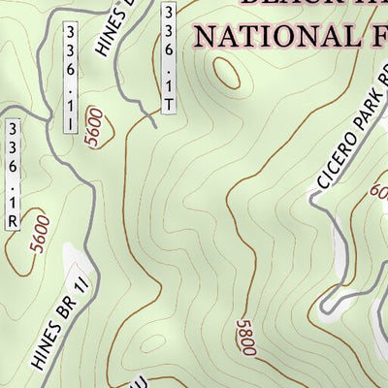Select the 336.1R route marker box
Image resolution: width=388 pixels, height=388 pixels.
(14, 175)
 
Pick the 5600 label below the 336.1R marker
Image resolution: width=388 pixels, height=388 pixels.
(39, 233)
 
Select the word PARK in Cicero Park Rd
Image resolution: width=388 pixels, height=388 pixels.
(364, 114)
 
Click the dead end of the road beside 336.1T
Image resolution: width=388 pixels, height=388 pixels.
(153, 123)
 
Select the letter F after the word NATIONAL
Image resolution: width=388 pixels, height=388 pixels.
(377, 37)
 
